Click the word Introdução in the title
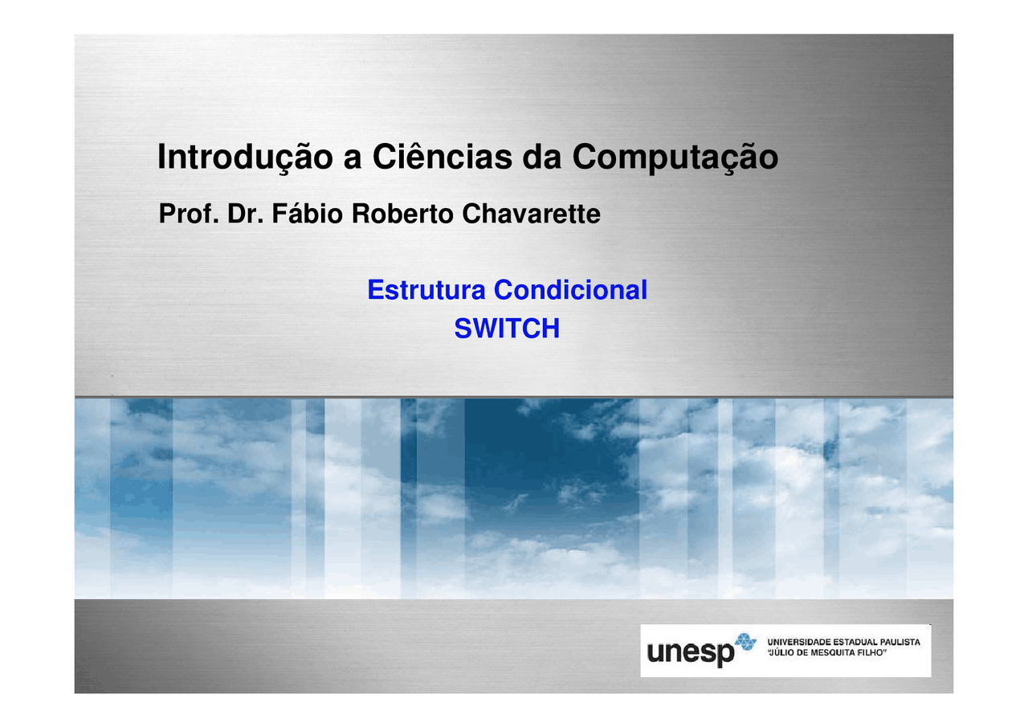[245, 157]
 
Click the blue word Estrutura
[426, 290]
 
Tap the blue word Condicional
[570, 290]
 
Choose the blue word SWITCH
[507, 329]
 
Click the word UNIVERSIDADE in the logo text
[799, 642]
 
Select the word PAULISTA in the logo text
[899, 642]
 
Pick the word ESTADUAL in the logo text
[854, 642]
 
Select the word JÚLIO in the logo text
[782, 653]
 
